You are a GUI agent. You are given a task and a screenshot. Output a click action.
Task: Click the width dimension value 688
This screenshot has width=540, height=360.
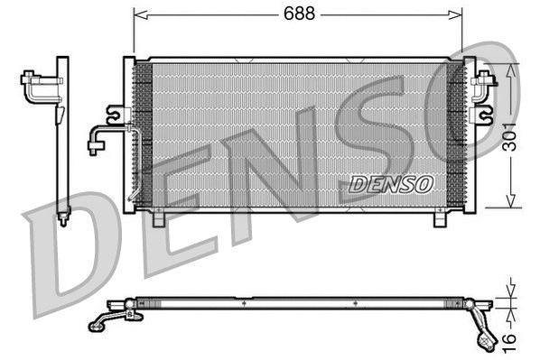[299, 14]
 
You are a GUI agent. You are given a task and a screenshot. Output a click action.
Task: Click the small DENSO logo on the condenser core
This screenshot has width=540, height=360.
[392, 183]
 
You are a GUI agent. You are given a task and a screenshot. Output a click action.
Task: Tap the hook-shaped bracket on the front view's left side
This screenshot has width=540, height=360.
[114, 113]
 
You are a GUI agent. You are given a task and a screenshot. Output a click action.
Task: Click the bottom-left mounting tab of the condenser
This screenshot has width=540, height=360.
[158, 217]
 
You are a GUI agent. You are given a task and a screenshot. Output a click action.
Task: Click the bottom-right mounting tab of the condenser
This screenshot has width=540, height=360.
[441, 217]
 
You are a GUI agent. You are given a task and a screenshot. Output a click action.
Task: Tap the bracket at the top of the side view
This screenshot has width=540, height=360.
[38, 86]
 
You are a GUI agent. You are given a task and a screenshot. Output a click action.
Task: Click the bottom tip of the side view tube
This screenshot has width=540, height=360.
[62, 222]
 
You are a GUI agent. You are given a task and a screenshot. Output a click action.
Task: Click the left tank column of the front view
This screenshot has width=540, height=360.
[129, 135]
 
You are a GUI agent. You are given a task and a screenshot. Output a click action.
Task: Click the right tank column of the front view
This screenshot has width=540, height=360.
[468, 135]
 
